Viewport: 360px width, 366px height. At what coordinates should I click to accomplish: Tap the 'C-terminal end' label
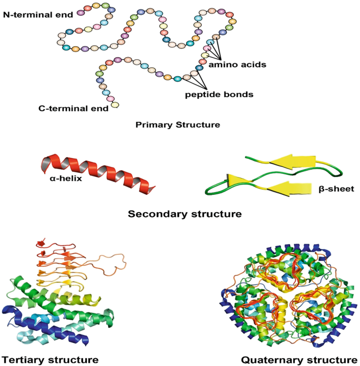(x=73, y=108)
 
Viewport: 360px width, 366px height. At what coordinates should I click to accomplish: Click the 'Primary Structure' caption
(x=178, y=125)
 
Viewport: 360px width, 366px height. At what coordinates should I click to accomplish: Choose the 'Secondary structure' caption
(x=184, y=214)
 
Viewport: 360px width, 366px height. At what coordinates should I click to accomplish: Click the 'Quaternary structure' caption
(x=296, y=360)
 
